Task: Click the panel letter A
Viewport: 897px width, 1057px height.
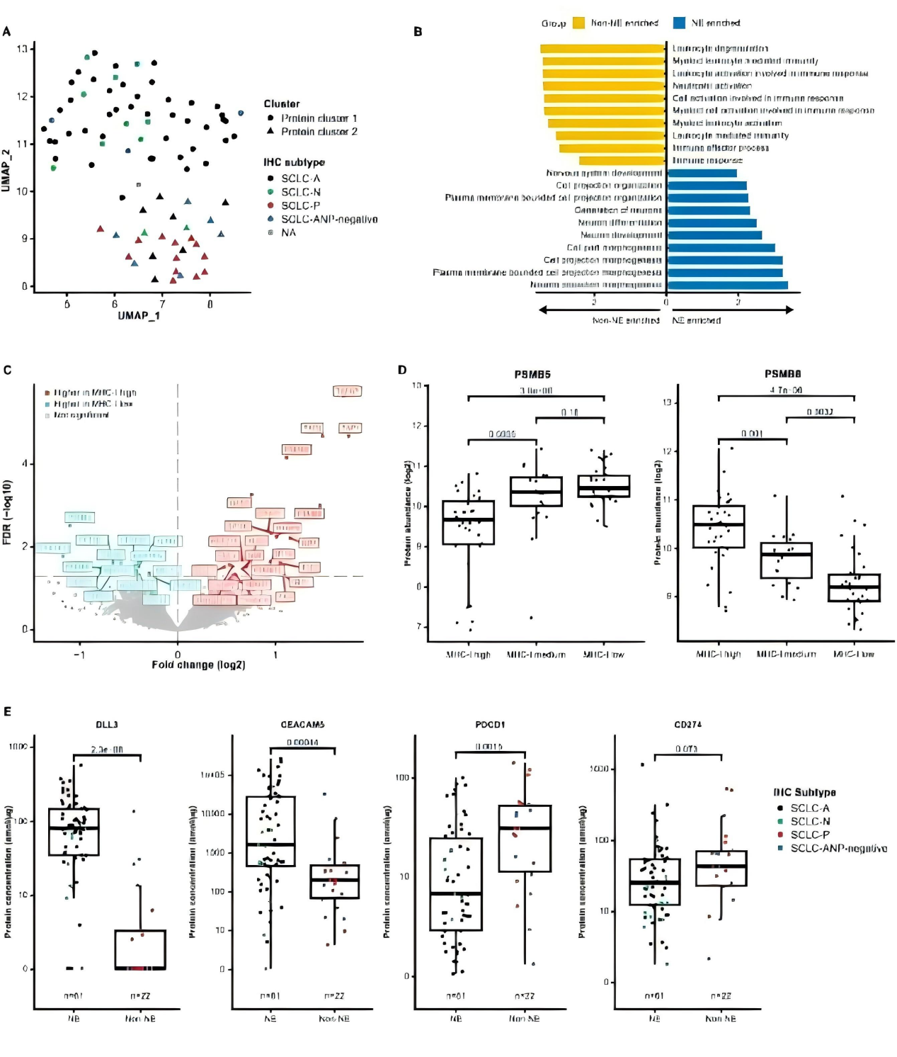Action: pyautogui.click(x=6, y=31)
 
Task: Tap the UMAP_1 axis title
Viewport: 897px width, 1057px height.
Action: pyautogui.click(x=139, y=315)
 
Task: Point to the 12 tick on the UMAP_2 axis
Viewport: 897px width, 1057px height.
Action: pyautogui.click(x=23, y=96)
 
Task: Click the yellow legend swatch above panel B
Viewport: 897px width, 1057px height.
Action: pyautogui.click(x=578, y=23)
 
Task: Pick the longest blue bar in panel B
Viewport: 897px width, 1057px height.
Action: pyautogui.click(x=727, y=286)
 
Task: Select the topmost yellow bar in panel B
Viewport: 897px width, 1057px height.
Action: pyautogui.click(x=602, y=49)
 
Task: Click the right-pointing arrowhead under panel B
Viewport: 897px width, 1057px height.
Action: pyautogui.click(x=789, y=310)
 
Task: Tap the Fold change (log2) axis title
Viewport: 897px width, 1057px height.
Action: pyautogui.click(x=198, y=665)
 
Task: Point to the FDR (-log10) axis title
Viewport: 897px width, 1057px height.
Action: pyautogui.click(x=7, y=512)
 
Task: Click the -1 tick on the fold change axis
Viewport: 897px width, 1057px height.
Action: pyautogui.click(x=79, y=655)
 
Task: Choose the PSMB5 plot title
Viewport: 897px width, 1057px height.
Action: pyautogui.click(x=532, y=374)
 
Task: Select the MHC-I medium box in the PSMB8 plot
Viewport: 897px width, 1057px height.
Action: pyautogui.click(x=786, y=560)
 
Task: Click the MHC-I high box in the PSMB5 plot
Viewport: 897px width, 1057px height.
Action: pyautogui.click(x=468, y=522)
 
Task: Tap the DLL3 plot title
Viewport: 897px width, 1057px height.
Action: pyautogui.click(x=107, y=724)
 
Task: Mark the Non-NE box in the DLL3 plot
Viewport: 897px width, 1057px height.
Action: pyautogui.click(x=140, y=949)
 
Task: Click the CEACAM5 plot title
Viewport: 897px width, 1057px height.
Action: pyautogui.click(x=302, y=724)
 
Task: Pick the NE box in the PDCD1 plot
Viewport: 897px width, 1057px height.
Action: pyautogui.click(x=456, y=883)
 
